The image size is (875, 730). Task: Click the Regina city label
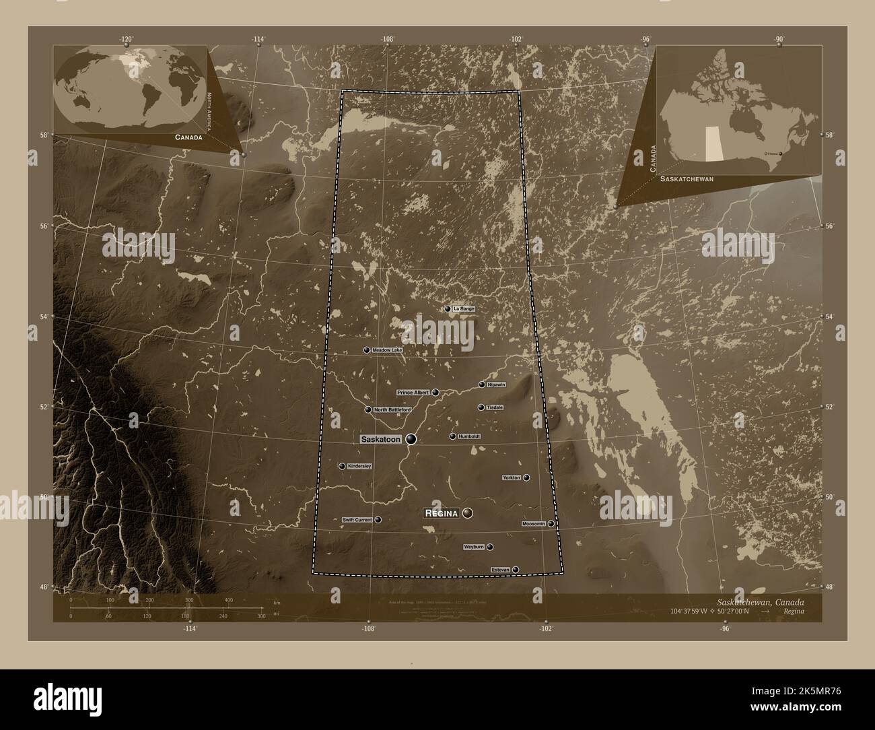[442, 513]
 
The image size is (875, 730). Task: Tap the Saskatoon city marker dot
[411, 439]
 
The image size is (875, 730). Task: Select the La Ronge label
[464, 308]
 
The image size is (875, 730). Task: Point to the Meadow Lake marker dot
[367, 350]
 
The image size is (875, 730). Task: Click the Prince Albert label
[413, 392]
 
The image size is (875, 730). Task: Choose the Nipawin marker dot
[482, 385]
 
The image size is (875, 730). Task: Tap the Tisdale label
[495, 407]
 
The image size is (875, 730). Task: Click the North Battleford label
[392, 409]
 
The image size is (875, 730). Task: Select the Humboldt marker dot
[452, 436]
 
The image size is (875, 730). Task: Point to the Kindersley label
[359, 466]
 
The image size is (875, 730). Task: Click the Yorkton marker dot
[526, 477]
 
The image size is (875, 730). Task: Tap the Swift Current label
[357, 520]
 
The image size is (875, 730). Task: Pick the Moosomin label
[534, 523]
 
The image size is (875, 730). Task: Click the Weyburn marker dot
[489, 547]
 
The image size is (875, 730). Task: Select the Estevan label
[501, 570]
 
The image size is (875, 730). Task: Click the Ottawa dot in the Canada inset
[781, 154]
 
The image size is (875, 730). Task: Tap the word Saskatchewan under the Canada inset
[687, 179]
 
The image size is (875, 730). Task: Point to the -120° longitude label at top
[127, 39]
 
